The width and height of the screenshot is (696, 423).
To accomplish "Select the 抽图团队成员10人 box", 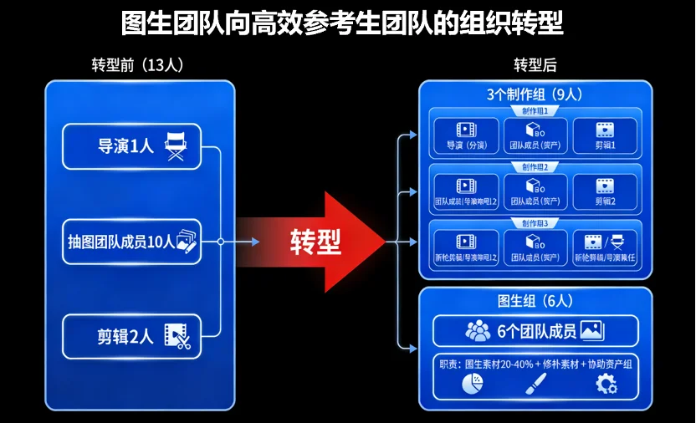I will pyautogui.click(x=131, y=242).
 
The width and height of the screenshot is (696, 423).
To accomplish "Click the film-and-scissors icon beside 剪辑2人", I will pyautogui.click(x=177, y=336).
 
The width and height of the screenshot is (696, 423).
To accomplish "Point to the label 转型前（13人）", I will pyautogui.click(x=137, y=65).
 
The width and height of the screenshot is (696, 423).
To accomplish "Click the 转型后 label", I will pyautogui.click(x=535, y=65).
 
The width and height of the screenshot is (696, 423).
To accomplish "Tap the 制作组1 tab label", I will pyautogui.click(x=535, y=111).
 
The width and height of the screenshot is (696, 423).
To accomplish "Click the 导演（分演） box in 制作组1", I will pyautogui.click(x=466, y=136).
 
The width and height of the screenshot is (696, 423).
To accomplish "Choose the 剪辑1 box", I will pyautogui.click(x=605, y=136).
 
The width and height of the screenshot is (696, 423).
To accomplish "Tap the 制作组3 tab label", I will pyautogui.click(x=535, y=223).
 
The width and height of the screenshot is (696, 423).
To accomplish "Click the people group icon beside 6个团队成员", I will pyautogui.click(x=478, y=331).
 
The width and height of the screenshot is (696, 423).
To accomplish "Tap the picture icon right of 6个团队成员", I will pyautogui.click(x=591, y=331).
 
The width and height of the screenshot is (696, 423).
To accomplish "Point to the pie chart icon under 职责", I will pyautogui.click(x=472, y=384).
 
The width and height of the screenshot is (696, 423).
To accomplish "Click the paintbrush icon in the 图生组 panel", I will pyautogui.click(x=535, y=384).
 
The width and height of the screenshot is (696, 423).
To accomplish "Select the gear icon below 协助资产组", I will pyautogui.click(x=605, y=384).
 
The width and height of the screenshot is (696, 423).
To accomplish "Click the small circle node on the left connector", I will pyautogui.click(x=220, y=242).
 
